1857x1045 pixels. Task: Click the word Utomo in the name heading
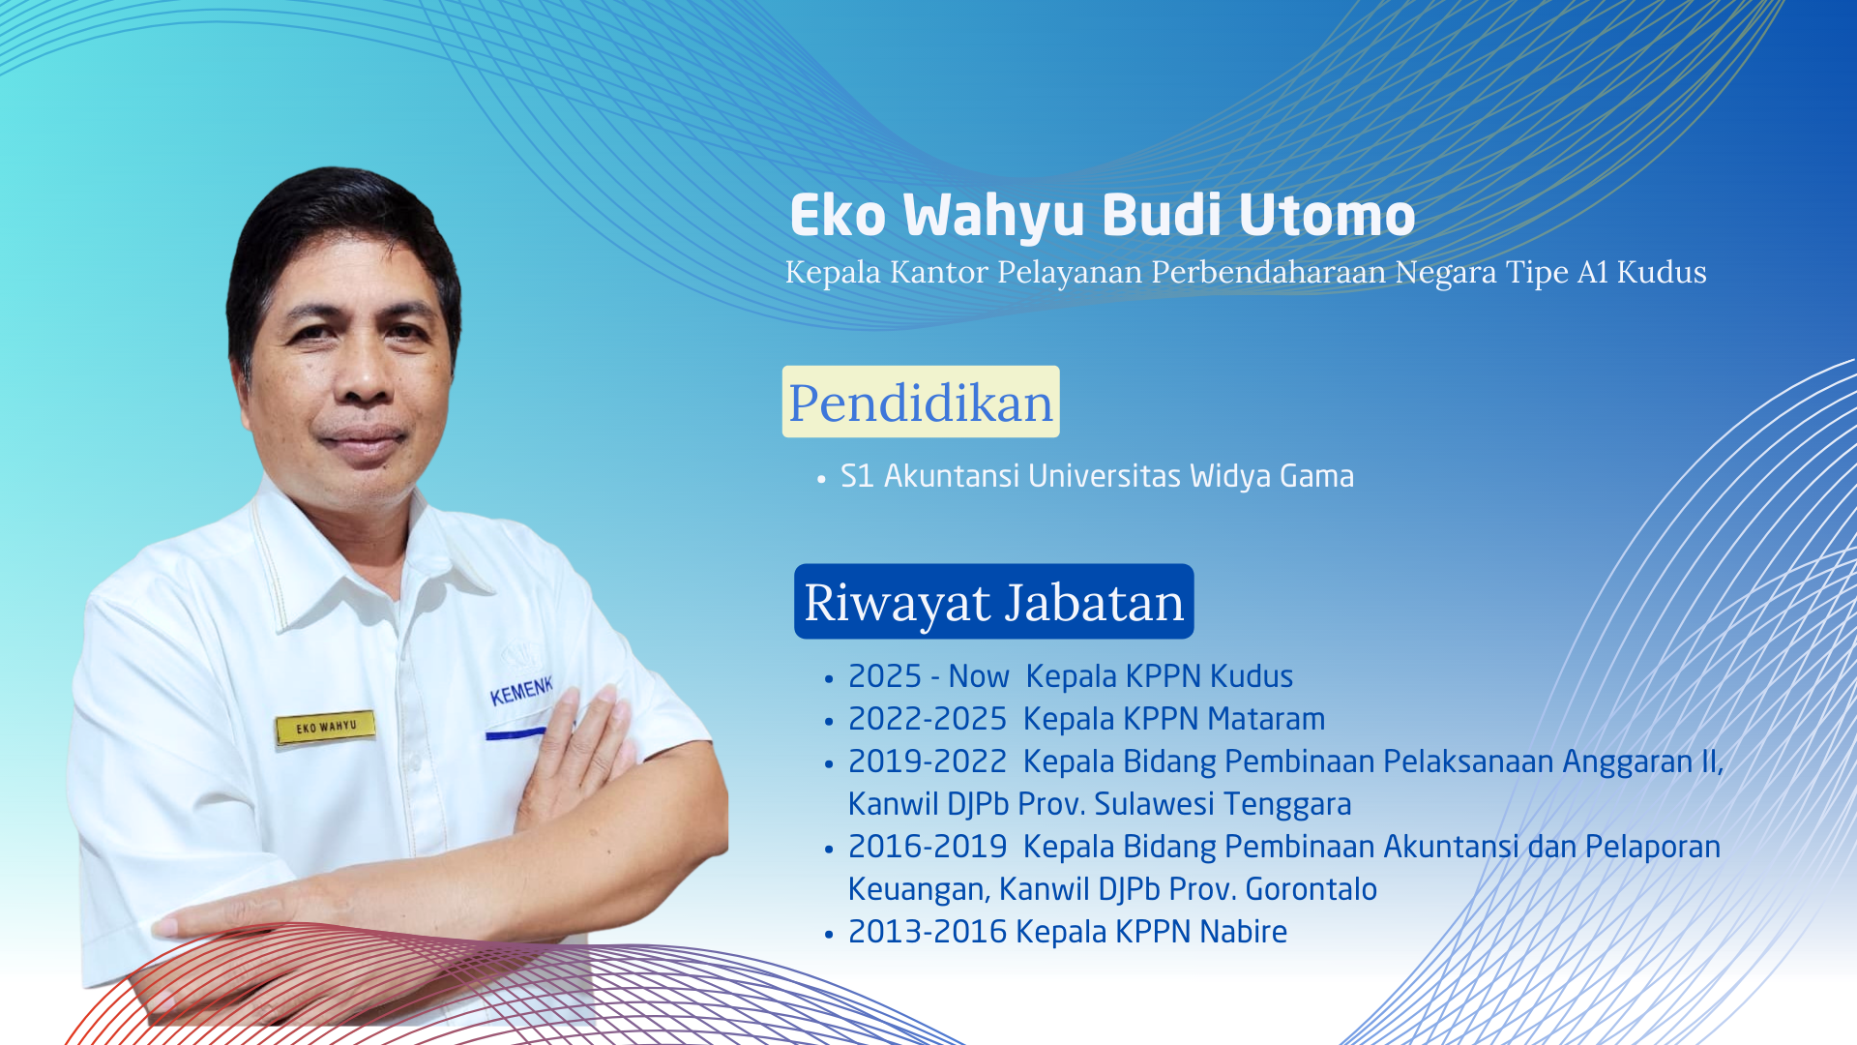1326,215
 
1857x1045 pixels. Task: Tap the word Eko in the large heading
838,215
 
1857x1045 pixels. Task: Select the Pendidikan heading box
921,402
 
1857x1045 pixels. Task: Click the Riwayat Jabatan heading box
994,601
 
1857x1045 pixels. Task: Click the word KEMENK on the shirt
521,690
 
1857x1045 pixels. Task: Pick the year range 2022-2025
928,719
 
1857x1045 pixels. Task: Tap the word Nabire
1243,932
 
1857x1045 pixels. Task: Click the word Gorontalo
1311,889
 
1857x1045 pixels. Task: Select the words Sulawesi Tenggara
1223,804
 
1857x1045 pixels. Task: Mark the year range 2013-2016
928,932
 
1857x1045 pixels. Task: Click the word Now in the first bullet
979,676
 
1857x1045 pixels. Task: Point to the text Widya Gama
1272,476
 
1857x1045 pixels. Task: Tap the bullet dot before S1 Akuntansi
821,479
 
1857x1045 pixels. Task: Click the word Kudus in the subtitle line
1662,272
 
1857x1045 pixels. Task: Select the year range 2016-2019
928,847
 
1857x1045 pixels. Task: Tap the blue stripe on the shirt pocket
516,734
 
